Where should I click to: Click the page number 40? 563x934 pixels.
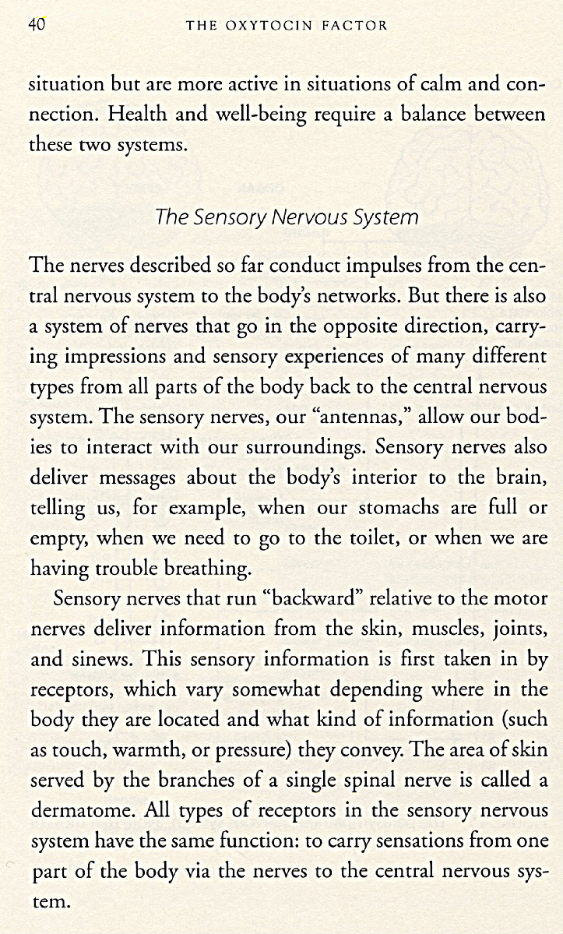pyautogui.click(x=37, y=24)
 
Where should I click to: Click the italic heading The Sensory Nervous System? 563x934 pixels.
pyautogui.click(x=287, y=217)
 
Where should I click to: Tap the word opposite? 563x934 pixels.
pyautogui.click(x=346, y=326)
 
